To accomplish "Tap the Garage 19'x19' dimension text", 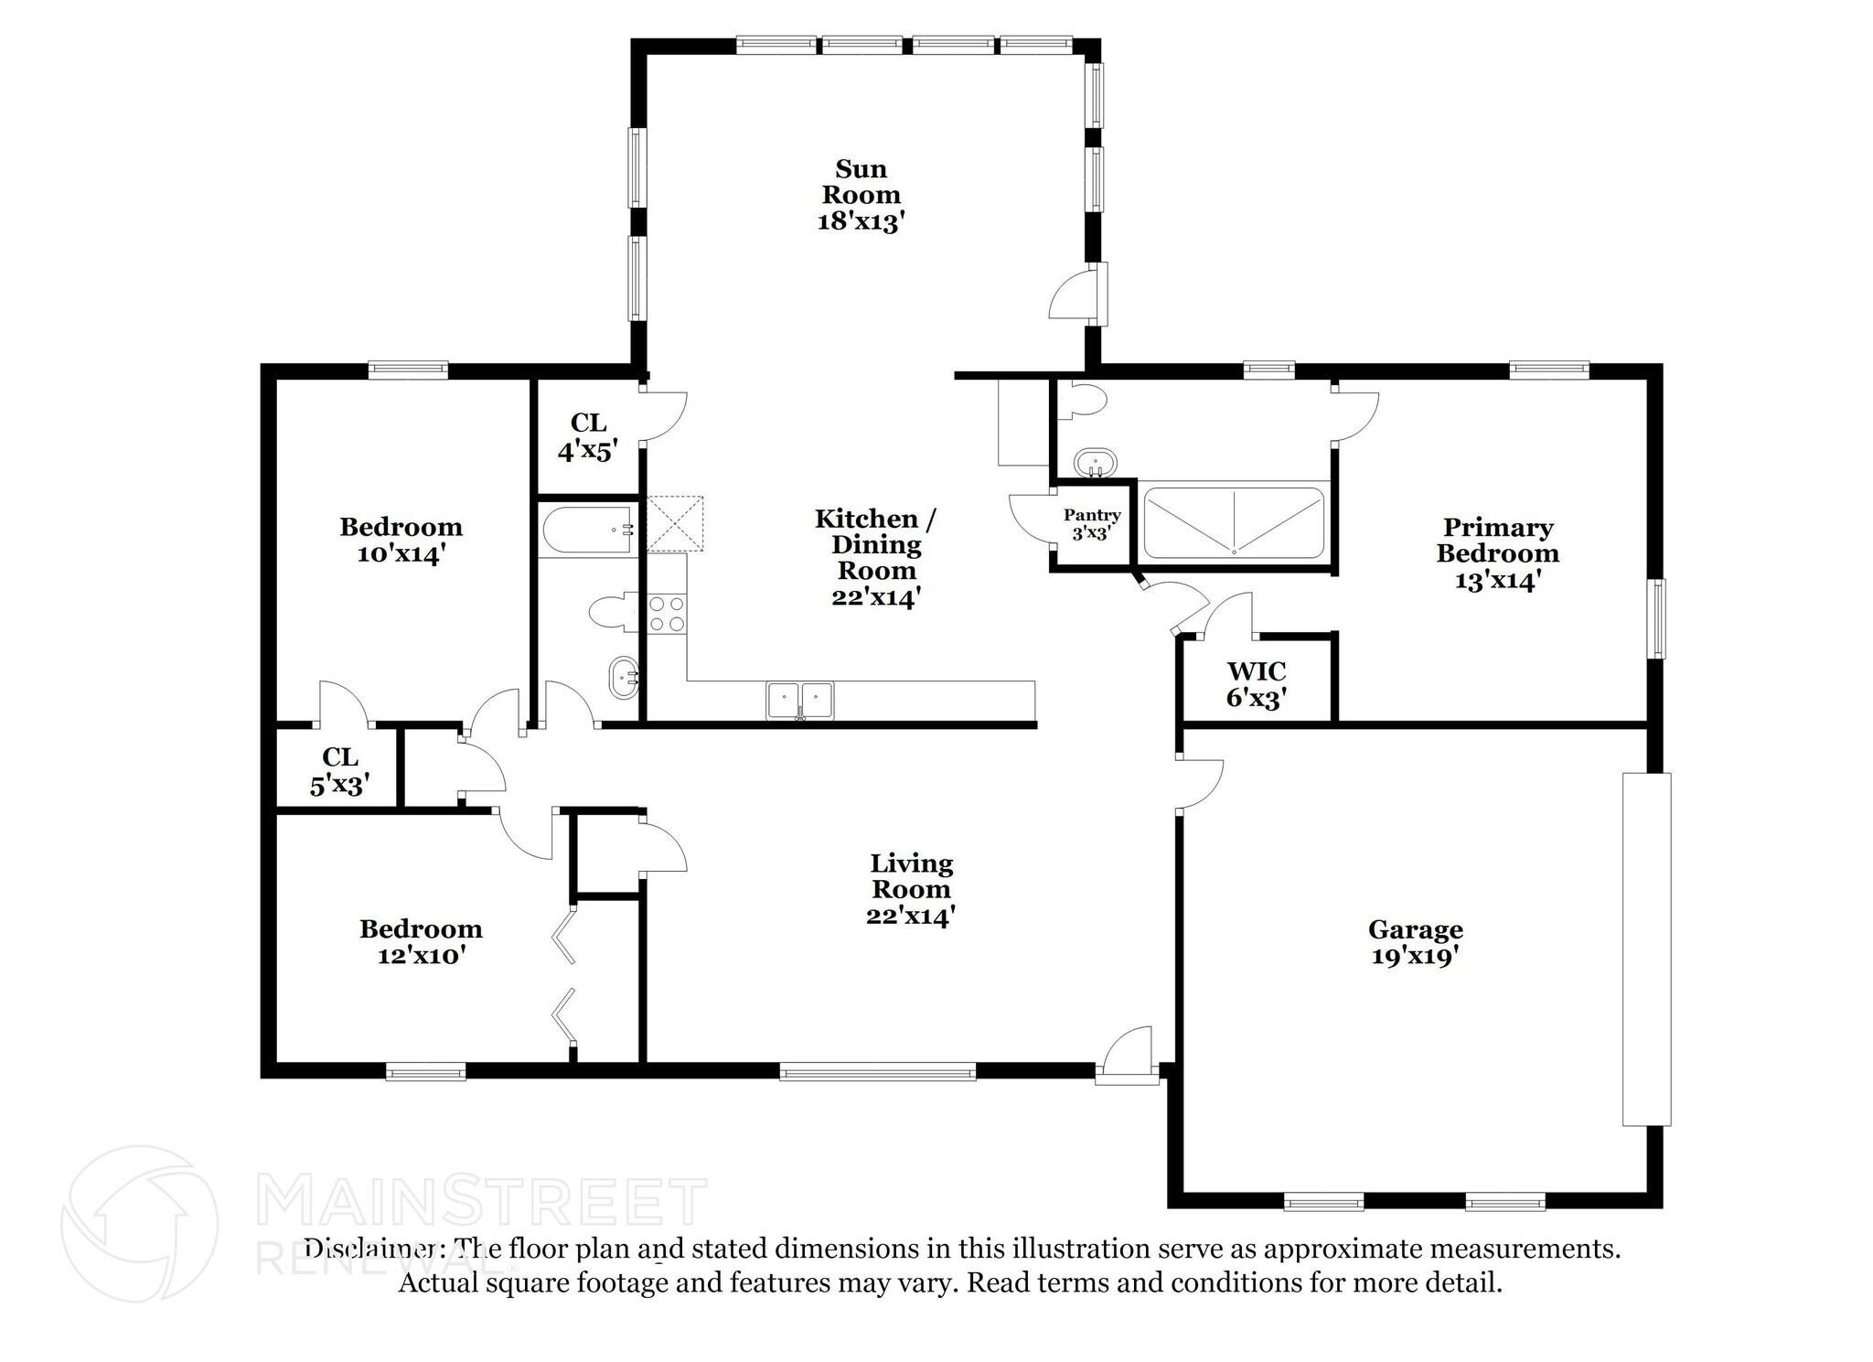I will coord(1414,957).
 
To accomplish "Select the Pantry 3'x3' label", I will coord(1091,524).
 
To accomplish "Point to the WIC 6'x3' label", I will coord(1257,684).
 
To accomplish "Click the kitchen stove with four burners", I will coord(667,614).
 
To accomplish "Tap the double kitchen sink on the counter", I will coord(800,700).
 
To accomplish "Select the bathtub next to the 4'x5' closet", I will coord(588,531).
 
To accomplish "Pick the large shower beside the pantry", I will coord(1234,523).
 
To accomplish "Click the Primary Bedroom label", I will coord(1497,553).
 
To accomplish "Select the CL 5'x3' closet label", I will coord(339,770).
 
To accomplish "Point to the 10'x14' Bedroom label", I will coord(401,540).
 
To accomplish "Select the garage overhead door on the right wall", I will coord(1646,949).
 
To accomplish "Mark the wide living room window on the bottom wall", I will coord(877,1071).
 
